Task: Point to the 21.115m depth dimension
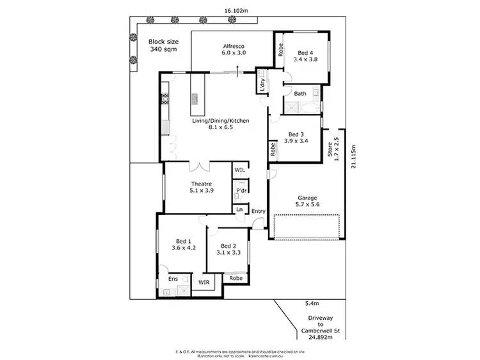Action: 354,156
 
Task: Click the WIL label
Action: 240,171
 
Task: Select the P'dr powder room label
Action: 242,191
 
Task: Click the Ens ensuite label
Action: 173,279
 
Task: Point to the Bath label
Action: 300,94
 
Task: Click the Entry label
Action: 259,211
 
